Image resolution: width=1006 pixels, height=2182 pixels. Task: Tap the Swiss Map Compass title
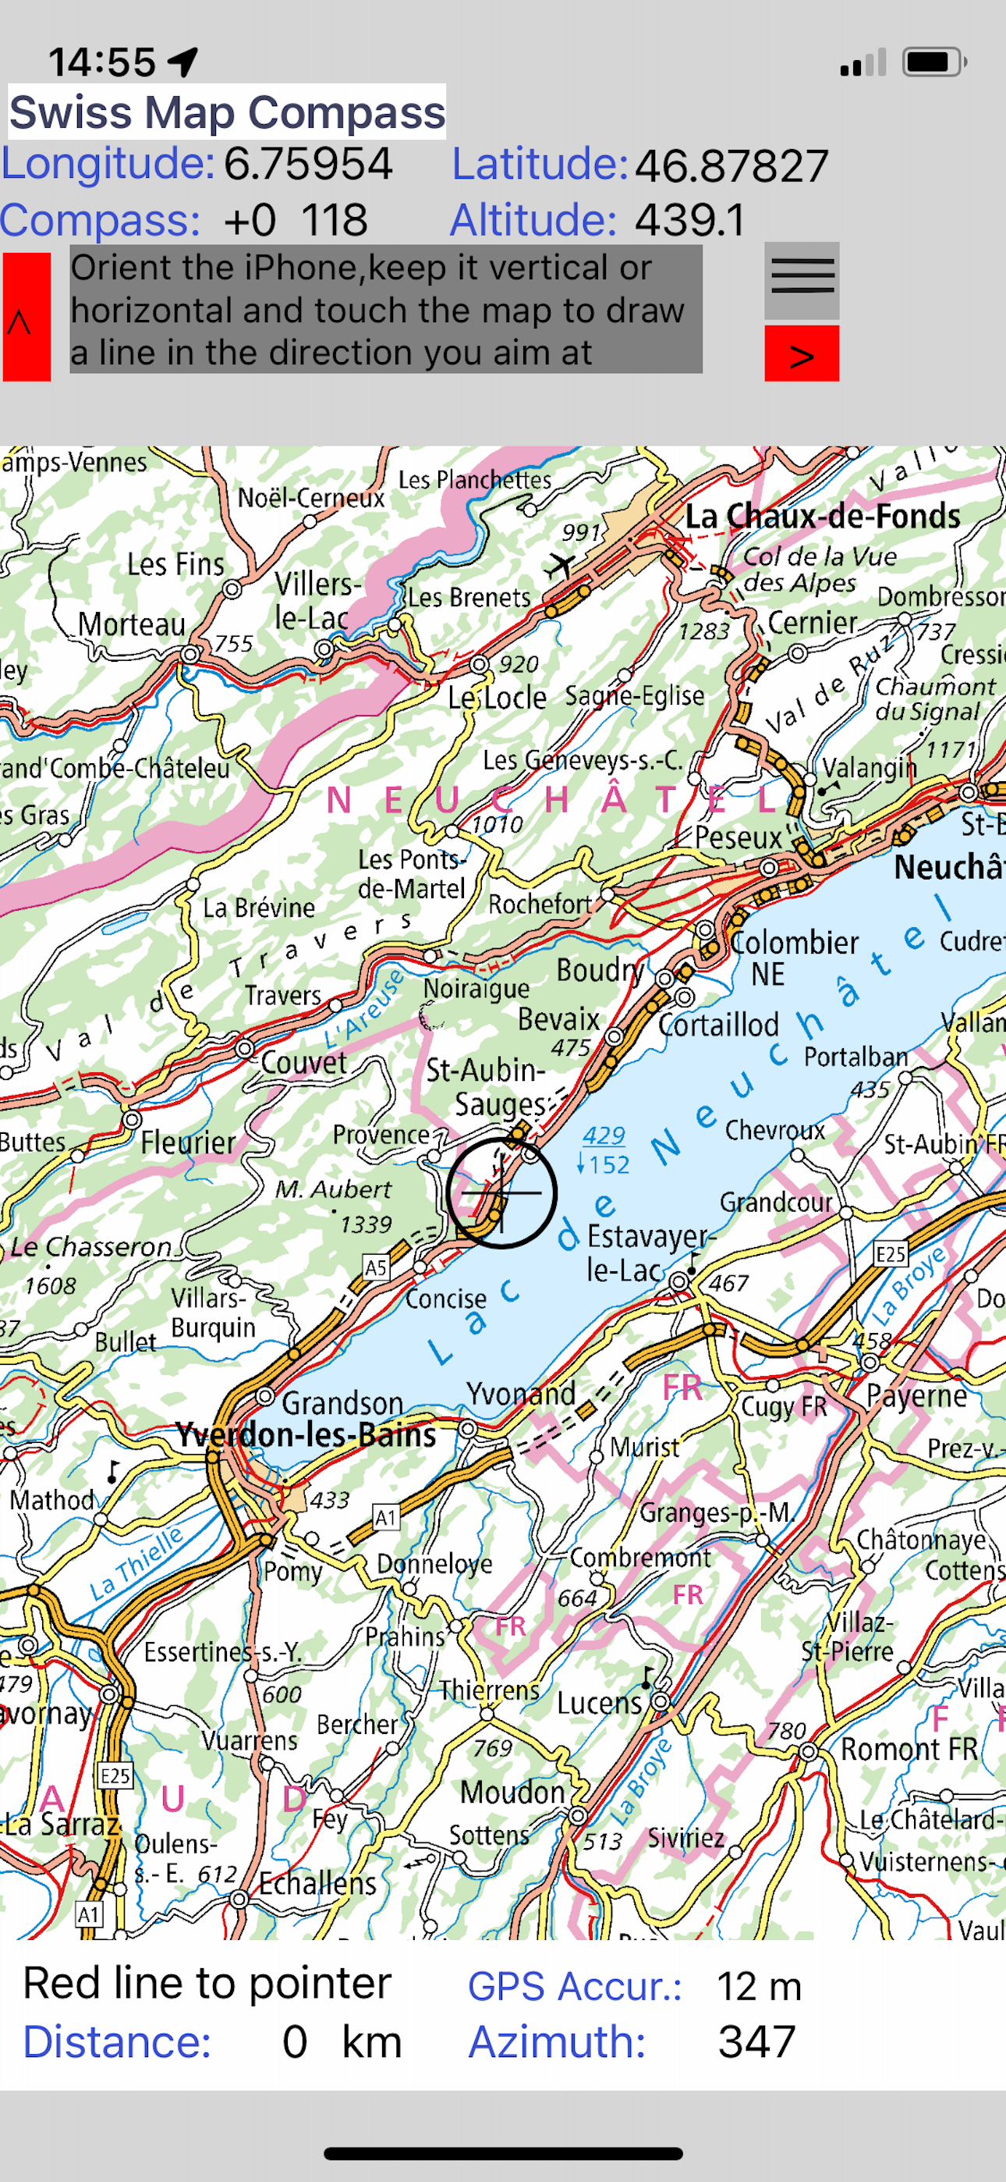227,112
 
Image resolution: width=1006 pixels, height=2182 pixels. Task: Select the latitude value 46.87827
731,166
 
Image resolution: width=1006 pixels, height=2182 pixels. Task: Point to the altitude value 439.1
691,220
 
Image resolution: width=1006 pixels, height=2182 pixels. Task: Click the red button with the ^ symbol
27,318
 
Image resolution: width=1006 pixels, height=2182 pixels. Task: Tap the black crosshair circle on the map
501,1192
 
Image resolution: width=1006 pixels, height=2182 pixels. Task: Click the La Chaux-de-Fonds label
821,516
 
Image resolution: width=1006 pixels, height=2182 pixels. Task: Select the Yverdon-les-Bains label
306,1435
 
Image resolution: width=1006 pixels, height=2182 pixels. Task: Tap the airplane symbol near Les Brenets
560,564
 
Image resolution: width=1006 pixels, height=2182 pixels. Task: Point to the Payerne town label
916,1395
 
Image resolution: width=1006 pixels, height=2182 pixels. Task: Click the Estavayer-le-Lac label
649,1253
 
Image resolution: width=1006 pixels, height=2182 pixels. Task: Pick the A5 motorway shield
376,1268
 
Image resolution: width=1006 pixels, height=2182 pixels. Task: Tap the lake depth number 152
610,1164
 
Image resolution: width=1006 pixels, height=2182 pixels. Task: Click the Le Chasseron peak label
90,1247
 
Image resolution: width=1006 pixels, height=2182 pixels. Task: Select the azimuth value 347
756,2042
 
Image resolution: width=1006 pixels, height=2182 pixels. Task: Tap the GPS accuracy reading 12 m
759,1986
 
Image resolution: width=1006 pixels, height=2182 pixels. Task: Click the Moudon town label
512,1792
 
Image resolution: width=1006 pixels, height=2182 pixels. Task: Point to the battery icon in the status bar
934,62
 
